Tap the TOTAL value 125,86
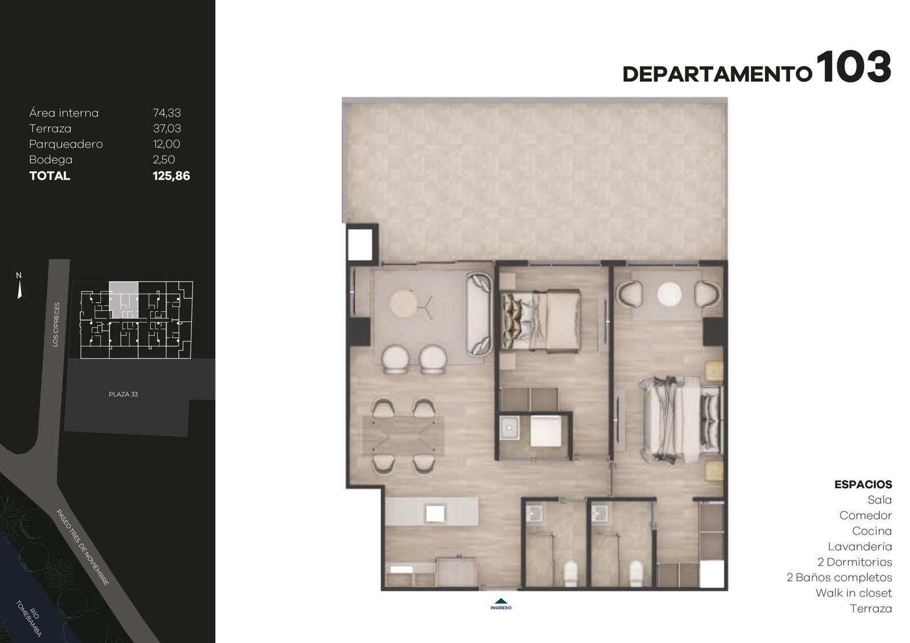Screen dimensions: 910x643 coord(171,176)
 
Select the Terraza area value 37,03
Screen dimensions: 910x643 coord(167,128)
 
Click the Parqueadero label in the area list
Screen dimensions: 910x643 coord(66,144)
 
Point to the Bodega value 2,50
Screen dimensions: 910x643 coord(164,160)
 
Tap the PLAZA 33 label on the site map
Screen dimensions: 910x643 coord(123,394)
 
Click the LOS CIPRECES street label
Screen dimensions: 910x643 coord(56,324)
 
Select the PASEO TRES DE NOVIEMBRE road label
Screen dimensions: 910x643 coord(82,547)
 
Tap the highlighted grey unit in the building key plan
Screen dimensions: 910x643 coord(123,300)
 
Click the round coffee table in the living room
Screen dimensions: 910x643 coord(403,302)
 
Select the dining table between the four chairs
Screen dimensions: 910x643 coord(403,435)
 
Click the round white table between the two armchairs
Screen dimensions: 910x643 coord(669,294)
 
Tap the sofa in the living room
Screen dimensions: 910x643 coord(479,315)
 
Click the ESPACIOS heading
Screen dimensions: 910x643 coord(863,484)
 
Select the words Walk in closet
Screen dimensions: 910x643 coord(854,593)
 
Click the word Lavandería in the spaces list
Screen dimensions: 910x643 coord(860,547)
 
